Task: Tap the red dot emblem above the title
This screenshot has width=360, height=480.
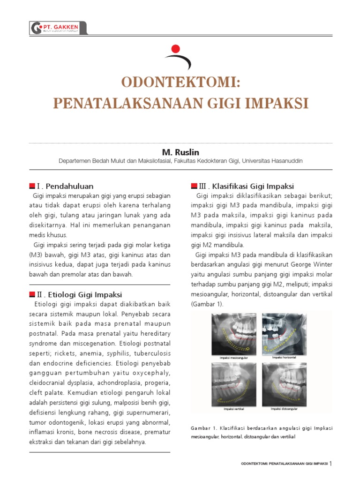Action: (176, 48)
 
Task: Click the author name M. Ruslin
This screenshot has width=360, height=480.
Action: (180, 152)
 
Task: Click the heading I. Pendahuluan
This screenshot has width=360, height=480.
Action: (64, 186)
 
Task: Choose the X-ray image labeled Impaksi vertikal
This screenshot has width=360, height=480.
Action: (234, 385)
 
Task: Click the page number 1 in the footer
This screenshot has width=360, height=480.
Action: (330, 464)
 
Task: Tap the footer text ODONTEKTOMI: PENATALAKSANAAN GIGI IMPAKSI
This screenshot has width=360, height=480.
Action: (284, 464)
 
